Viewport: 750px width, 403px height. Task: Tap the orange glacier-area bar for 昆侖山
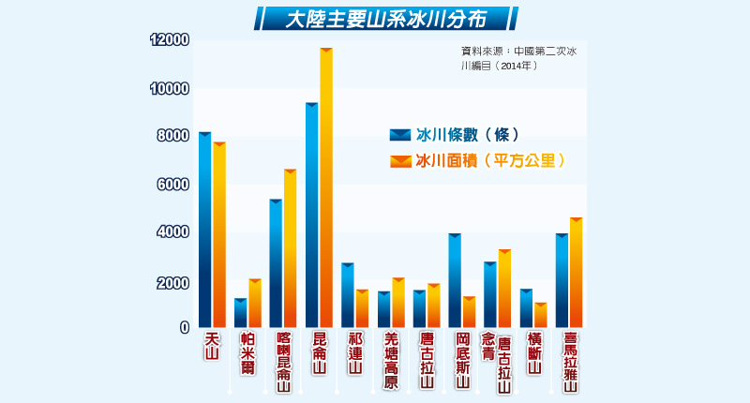pyautogui.click(x=326, y=187)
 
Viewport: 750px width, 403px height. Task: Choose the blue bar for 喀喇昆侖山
pyautogui.click(x=276, y=262)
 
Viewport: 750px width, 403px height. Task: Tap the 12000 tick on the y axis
pyautogui.click(x=170, y=40)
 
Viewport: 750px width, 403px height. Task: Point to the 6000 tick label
pyautogui.click(x=173, y=185)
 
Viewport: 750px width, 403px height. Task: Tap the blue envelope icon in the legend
pyautogui.click(x=400, y=135)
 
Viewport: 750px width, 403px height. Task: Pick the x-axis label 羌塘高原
pyautogui.click(x=392, y=360)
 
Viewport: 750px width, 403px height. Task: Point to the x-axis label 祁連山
pyautogui.click(x=354, y=352)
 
